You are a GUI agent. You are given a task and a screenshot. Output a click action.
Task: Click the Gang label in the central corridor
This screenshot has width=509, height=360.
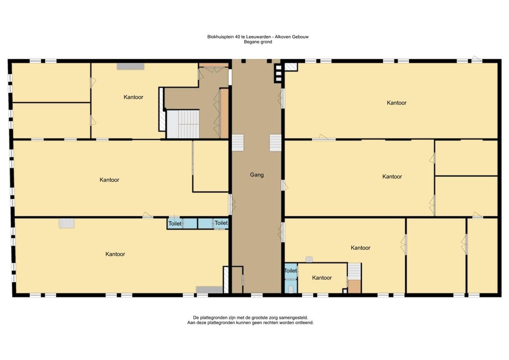[256, 175]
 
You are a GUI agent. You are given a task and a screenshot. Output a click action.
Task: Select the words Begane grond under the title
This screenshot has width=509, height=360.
[258, 42]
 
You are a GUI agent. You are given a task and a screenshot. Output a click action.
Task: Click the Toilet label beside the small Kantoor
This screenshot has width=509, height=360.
[290, 270]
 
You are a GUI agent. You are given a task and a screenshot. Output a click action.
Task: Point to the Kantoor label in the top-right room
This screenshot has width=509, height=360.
[396, 102]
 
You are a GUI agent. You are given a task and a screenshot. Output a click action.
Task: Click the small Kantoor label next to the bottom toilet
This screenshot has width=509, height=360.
[322, 277]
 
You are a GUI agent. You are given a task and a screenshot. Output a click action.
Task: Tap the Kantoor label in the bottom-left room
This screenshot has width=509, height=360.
[115, 254]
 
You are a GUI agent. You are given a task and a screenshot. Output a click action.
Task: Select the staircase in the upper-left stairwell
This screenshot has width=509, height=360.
[183, 124]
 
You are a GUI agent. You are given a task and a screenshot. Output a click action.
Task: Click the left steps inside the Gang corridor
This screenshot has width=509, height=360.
[238, 143]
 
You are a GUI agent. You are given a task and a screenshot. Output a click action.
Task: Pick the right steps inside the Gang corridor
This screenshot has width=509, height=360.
[275, 143]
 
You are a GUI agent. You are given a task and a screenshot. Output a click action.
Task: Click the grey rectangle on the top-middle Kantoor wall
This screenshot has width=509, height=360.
[131, 66]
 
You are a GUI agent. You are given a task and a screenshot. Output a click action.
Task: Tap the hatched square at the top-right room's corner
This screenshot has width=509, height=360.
[291, 67]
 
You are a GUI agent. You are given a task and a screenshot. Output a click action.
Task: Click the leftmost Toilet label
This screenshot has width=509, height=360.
[174, 223]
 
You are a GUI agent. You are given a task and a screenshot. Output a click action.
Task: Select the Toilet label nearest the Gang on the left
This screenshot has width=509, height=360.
[221, 223]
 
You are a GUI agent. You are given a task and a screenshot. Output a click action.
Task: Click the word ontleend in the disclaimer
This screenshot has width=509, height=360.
[304, 323]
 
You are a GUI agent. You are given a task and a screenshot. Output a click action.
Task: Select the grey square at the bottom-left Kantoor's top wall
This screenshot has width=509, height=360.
[67, 223]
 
